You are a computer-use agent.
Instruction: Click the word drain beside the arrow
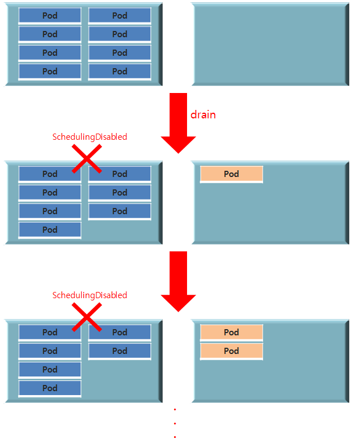point(203,114)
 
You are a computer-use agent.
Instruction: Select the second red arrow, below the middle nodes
point(178,281)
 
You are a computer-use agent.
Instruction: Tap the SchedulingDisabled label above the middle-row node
point(90,136)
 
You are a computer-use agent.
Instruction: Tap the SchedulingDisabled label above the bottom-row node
point(90,295)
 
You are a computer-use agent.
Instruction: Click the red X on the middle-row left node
point(87,158)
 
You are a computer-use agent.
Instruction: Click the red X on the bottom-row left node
point(87,317)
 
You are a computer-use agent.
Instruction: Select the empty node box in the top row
point(270,44)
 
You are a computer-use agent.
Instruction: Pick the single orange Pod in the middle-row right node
point(232,174)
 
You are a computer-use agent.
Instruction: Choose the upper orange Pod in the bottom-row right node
point(232,333)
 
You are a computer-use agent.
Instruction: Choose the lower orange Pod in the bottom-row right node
point(232,351)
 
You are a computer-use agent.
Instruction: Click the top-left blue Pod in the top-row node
point(50,16)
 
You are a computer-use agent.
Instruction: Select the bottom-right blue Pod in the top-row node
point(119,72)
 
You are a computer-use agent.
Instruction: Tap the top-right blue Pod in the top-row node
point(119,16)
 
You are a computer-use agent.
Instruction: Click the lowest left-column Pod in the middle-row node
point(50,230)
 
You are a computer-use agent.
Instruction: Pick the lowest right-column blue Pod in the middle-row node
point(119,211)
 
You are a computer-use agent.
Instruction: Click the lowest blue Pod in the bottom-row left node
point(50,388)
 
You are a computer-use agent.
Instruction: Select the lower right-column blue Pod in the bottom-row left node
point(119,351)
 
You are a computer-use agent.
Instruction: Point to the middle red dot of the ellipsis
point(175,423)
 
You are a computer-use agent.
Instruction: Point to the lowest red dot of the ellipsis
point(175,437)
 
